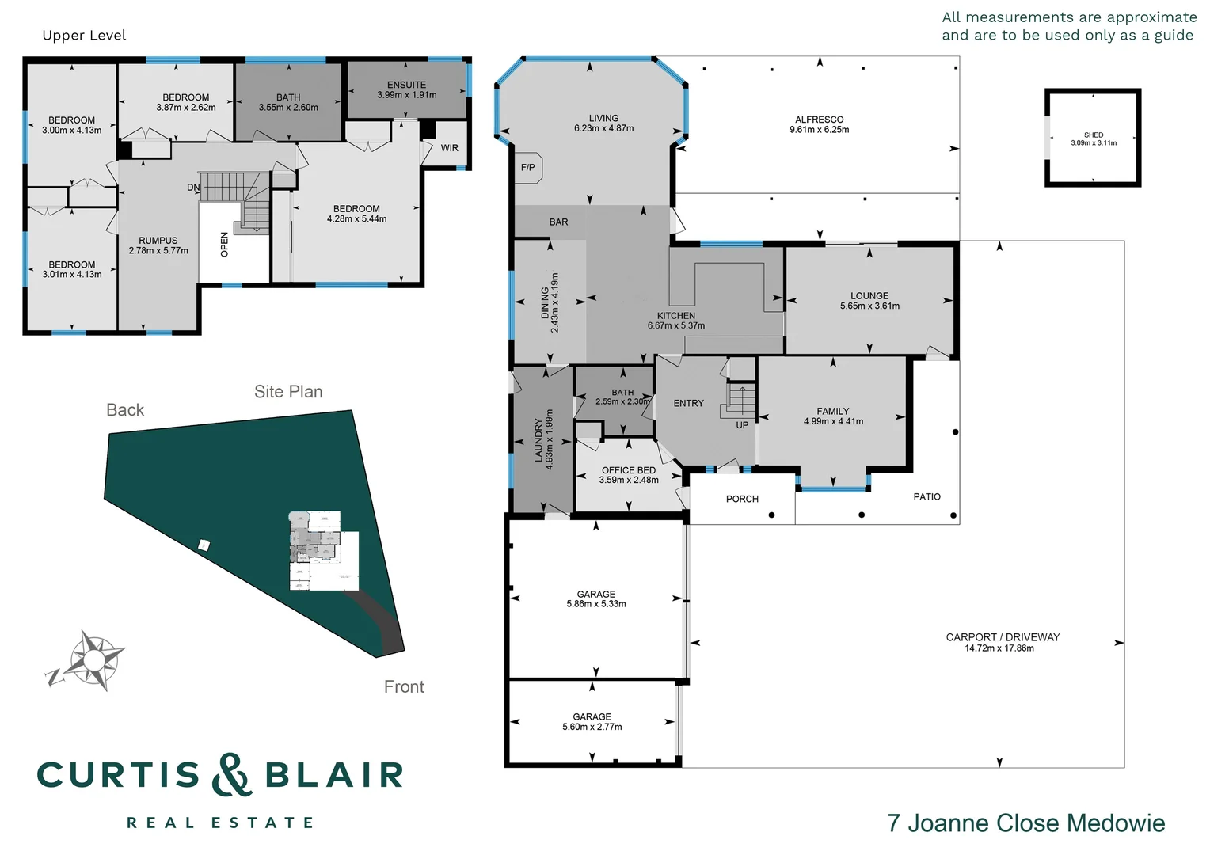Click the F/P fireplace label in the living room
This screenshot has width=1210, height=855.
coord(527,167)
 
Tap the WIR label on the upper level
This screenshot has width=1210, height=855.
coord(450,148)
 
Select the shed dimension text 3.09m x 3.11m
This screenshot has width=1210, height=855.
coord(1094,143)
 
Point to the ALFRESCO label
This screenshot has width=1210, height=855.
coord(819,120)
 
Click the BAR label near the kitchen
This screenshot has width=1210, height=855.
coord(558,222)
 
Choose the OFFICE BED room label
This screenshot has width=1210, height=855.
coord(629,470)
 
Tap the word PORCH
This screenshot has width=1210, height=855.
coord(742,499)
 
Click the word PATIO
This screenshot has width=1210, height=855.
coord(927,497)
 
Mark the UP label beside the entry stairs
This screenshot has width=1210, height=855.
coord(742,425)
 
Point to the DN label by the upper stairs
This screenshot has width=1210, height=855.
coord(193,188)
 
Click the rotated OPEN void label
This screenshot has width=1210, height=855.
coord(224,245)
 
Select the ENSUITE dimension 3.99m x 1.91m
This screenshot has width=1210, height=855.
coord(407,95)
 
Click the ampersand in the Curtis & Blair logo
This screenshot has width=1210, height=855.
coord(231,774)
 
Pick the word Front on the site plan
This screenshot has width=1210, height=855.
coord(404,687)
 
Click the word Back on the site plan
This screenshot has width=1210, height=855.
coord(125,410)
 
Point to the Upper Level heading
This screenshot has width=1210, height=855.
coord(84,36)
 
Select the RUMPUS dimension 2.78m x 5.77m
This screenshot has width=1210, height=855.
coord(158,251)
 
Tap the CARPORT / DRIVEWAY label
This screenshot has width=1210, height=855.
coord(1003,637)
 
